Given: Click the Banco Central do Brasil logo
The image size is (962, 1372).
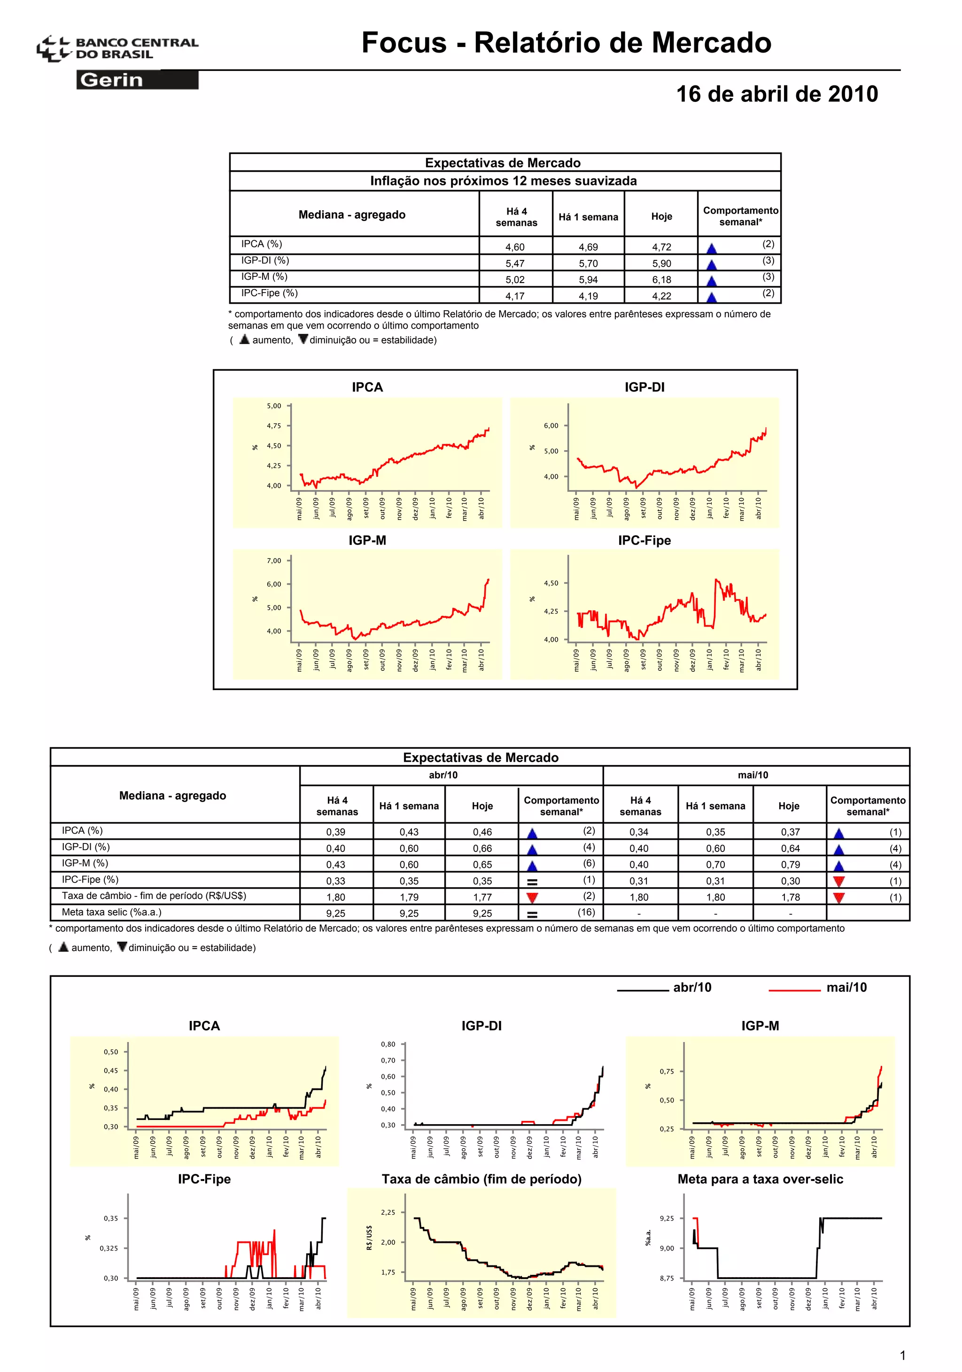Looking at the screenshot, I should [116, 48].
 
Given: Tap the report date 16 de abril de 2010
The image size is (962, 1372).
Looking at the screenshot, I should [776, 94].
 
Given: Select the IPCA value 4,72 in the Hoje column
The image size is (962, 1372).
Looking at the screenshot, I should [661, 247].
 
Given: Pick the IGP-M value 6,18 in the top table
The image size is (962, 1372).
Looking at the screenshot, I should [661, 280].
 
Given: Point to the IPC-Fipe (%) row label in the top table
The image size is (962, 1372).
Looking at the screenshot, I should [269, 293].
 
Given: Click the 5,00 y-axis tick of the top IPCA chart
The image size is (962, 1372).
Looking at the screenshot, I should [274, 406].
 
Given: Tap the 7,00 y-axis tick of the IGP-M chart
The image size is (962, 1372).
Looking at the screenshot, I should [274, 560].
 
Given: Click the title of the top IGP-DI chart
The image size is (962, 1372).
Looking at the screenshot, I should [644, 387].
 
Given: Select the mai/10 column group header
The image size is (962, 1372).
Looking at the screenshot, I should [753, 775].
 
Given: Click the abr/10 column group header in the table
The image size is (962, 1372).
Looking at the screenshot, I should [443, 775].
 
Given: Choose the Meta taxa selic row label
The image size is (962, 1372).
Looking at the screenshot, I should [111, 912].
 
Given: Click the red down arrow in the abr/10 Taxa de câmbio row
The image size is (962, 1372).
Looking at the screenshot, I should [532, 897].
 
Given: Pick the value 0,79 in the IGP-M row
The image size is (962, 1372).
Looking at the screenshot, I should [789, 865].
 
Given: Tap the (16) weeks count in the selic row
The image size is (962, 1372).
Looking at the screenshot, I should [586, 912].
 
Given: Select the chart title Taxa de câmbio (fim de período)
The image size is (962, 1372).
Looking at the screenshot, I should [481, 1179].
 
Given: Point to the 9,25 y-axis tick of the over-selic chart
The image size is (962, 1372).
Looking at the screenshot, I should [667, 1218].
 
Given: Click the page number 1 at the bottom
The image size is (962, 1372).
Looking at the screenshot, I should [902, 1355].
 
